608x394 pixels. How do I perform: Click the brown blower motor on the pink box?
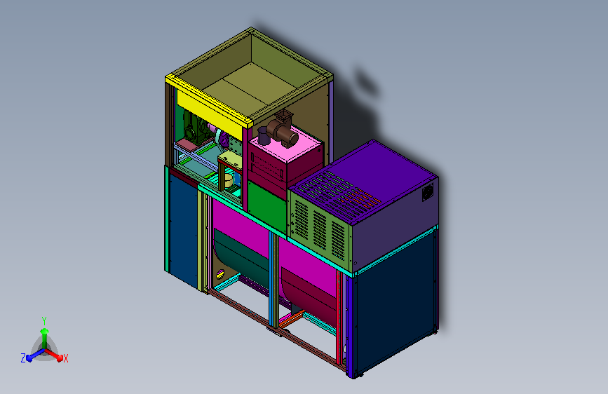tap(283, 130)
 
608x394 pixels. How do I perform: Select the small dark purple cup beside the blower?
tap(263, 136)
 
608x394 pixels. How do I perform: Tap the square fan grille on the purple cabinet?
tap(428, 192)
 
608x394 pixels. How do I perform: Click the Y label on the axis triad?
tap(44, 321)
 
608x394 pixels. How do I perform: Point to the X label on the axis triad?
tap(65, 359)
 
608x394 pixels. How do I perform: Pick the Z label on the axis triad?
tap(23, 358)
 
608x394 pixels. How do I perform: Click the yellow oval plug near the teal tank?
tap(220, 274)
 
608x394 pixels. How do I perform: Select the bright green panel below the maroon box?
tap(267, 207)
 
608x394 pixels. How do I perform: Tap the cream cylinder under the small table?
tap(229, 180)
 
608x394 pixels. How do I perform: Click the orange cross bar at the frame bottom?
tap(292, 319)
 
